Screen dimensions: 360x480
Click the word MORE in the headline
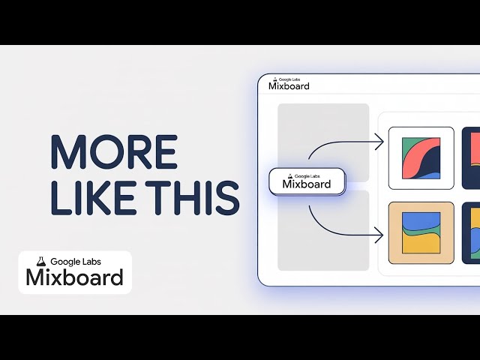113,152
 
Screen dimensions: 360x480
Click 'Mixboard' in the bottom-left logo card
74,278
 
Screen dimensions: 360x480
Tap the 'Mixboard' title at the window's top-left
289,86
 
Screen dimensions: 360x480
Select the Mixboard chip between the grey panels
307,182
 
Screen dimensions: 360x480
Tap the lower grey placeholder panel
322,229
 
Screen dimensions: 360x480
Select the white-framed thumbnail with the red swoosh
421,158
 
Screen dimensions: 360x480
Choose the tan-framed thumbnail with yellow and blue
421,232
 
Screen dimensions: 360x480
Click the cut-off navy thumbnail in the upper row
471,158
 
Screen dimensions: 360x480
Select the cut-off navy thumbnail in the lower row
471,232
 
